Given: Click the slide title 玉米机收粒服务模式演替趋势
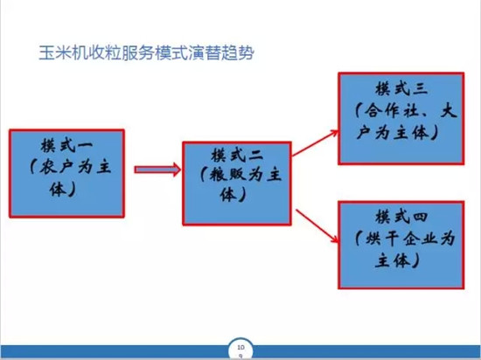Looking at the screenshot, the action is point(147,53).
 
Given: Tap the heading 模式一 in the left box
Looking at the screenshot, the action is point(66,146).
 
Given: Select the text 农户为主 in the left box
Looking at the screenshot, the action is point(75,167).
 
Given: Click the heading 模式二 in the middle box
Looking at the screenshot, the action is point(237,155).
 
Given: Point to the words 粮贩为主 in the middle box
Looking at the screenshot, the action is point(245,176).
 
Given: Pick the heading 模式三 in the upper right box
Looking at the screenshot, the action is point(401,89).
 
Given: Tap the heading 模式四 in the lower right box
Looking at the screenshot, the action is point(401,218).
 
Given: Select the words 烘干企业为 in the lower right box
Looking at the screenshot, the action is point(410,239).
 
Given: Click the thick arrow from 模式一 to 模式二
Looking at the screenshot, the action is point(157,170).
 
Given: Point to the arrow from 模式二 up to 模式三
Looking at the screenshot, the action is point(315,143).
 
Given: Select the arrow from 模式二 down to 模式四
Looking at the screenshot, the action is point(317,226).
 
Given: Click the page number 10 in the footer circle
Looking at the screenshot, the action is point(240,348).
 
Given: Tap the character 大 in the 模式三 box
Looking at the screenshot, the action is point(449,111).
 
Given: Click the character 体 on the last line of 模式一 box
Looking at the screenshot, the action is point(58,189).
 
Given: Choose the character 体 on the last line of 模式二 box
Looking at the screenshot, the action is point(228,194).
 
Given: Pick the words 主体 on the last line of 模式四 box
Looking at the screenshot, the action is point(393,260).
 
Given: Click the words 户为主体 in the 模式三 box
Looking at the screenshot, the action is point(392,133).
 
